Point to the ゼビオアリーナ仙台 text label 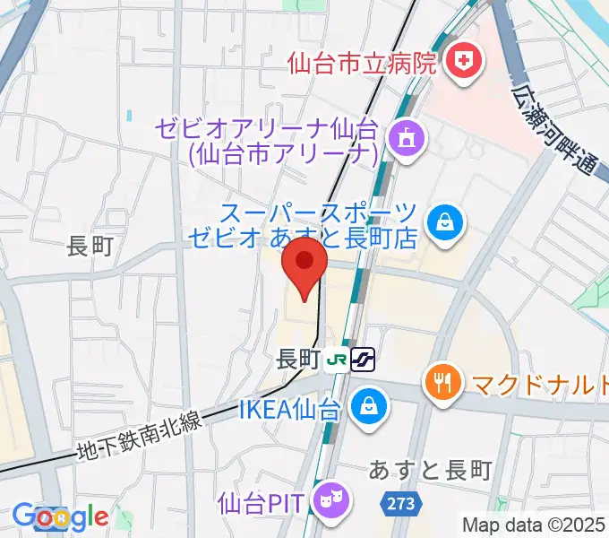coord(269,141)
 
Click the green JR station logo coord(338,360)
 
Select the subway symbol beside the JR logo coord(364,360)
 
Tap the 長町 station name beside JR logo coord(299,360)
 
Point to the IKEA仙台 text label coord(289,411)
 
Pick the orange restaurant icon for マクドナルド coord(443,382)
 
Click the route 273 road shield coord(402,504)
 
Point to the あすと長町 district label coord(430,470)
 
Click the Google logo coord(60,517)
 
